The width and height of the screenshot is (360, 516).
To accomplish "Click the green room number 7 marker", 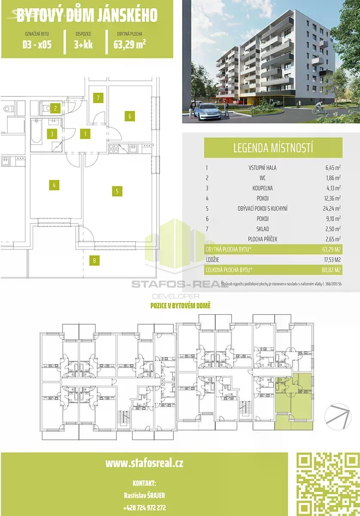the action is point(98,98).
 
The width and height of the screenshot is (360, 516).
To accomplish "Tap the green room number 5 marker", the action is point(117,191).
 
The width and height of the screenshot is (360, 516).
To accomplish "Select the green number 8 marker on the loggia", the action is point(95,261).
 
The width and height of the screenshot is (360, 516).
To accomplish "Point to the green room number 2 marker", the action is point(55,108).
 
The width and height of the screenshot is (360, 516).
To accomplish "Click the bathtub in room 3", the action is point(36,132).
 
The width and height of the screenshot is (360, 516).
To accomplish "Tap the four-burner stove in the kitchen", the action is point(114,149).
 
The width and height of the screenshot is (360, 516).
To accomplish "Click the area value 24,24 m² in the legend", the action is point(332,208).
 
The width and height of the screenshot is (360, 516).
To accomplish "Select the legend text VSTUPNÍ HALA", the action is point(262,168).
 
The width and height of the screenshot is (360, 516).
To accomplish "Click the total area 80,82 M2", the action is point(331,270).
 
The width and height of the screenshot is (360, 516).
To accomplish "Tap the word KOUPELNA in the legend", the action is point(262,188).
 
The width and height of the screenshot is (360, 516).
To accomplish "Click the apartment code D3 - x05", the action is point(37,44).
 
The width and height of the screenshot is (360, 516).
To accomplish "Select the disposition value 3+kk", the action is point(83,44).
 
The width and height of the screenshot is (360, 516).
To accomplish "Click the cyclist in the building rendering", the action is point(319,108).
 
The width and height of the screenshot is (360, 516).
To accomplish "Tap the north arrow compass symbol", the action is point(338,417).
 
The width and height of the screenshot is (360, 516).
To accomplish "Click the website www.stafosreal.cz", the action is point(144,463).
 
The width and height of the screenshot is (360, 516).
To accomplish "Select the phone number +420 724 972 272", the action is point(144,507).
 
